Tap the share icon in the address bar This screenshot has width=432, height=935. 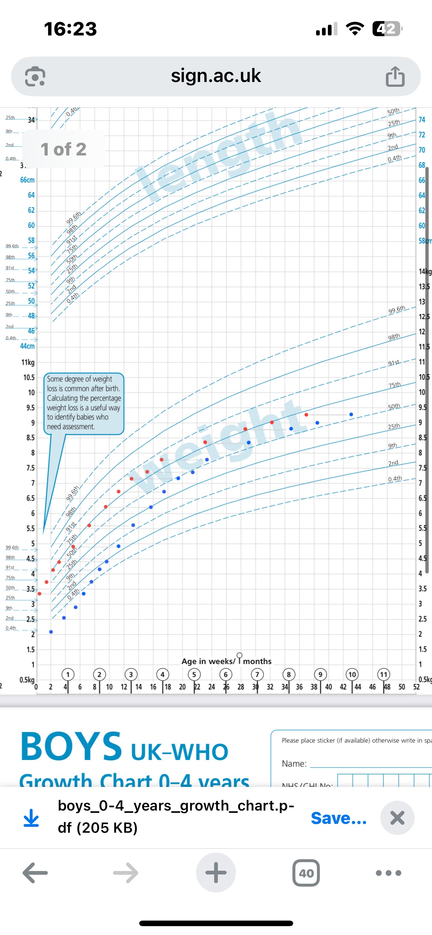pos(395,77)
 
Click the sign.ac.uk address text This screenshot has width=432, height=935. pos(216,76)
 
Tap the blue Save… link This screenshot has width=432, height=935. pos(339,818)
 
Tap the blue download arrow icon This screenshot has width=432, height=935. pos(31,818)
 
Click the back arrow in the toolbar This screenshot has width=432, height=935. pos(35,873)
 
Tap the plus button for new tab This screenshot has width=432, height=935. pos(216,873)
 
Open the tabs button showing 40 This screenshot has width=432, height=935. pos(306,873)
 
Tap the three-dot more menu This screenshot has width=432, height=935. pos(388,873)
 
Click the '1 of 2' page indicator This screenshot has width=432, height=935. pos(64,149)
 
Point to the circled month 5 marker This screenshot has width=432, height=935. pos(194,675)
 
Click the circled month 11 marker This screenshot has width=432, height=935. pos(384,675)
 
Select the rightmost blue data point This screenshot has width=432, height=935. pos(351,414)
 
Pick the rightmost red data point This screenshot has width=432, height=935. pos(306,415)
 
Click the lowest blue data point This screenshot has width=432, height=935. pos(51,632)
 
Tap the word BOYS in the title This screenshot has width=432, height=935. pos(71,747)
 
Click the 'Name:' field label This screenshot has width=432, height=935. pos(294,764)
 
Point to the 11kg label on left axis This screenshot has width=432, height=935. pos(28,362)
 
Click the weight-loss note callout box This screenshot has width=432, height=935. pos(84,403)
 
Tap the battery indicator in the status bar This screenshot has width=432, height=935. pos(387,29)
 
